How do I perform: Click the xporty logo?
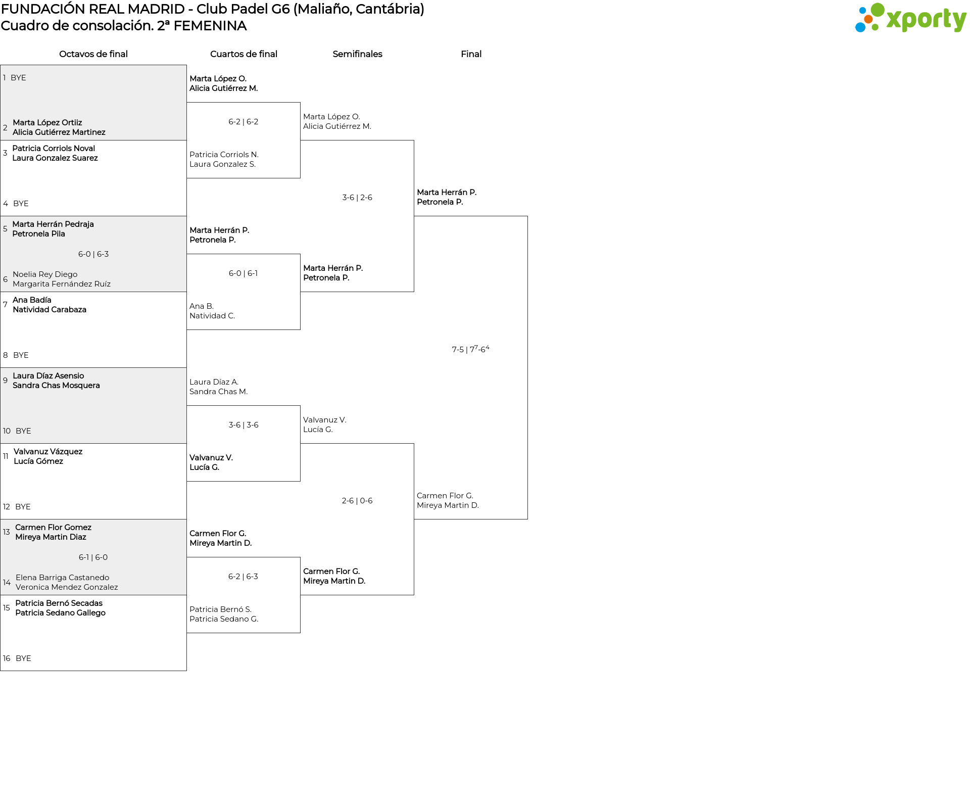click(x=910, y=18)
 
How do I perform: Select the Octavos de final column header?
click(x=93, y=54)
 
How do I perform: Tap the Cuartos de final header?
click(x=244, y=54)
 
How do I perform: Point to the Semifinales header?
click(x=357, y=54)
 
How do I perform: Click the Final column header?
click(x=471, y=54)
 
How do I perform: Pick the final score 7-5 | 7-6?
click(x=470, y=349)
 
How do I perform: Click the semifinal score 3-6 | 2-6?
click(x=357, y=198)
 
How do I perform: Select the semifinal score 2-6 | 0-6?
click(x=357, y=501)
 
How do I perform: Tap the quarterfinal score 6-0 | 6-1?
click(x=243, y=273)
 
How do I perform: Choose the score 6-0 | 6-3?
click(x=93, y=254)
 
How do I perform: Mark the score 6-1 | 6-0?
click(x=93, y=557)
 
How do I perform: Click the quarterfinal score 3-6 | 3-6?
click(x=243, y=425)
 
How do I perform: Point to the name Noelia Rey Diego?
click(x=45, y=274)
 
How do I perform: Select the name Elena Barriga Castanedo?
click(x=62, y=578)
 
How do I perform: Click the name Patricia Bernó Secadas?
click(x=59, y=603)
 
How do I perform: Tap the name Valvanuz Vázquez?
click(x=48, y=452)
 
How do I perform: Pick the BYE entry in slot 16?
click(x=23, y=658)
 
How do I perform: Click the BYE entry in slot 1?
click(x=18, y=78)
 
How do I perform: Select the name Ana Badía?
click(x=32, y=300)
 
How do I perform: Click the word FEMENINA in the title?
click(x=210, y=26)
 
